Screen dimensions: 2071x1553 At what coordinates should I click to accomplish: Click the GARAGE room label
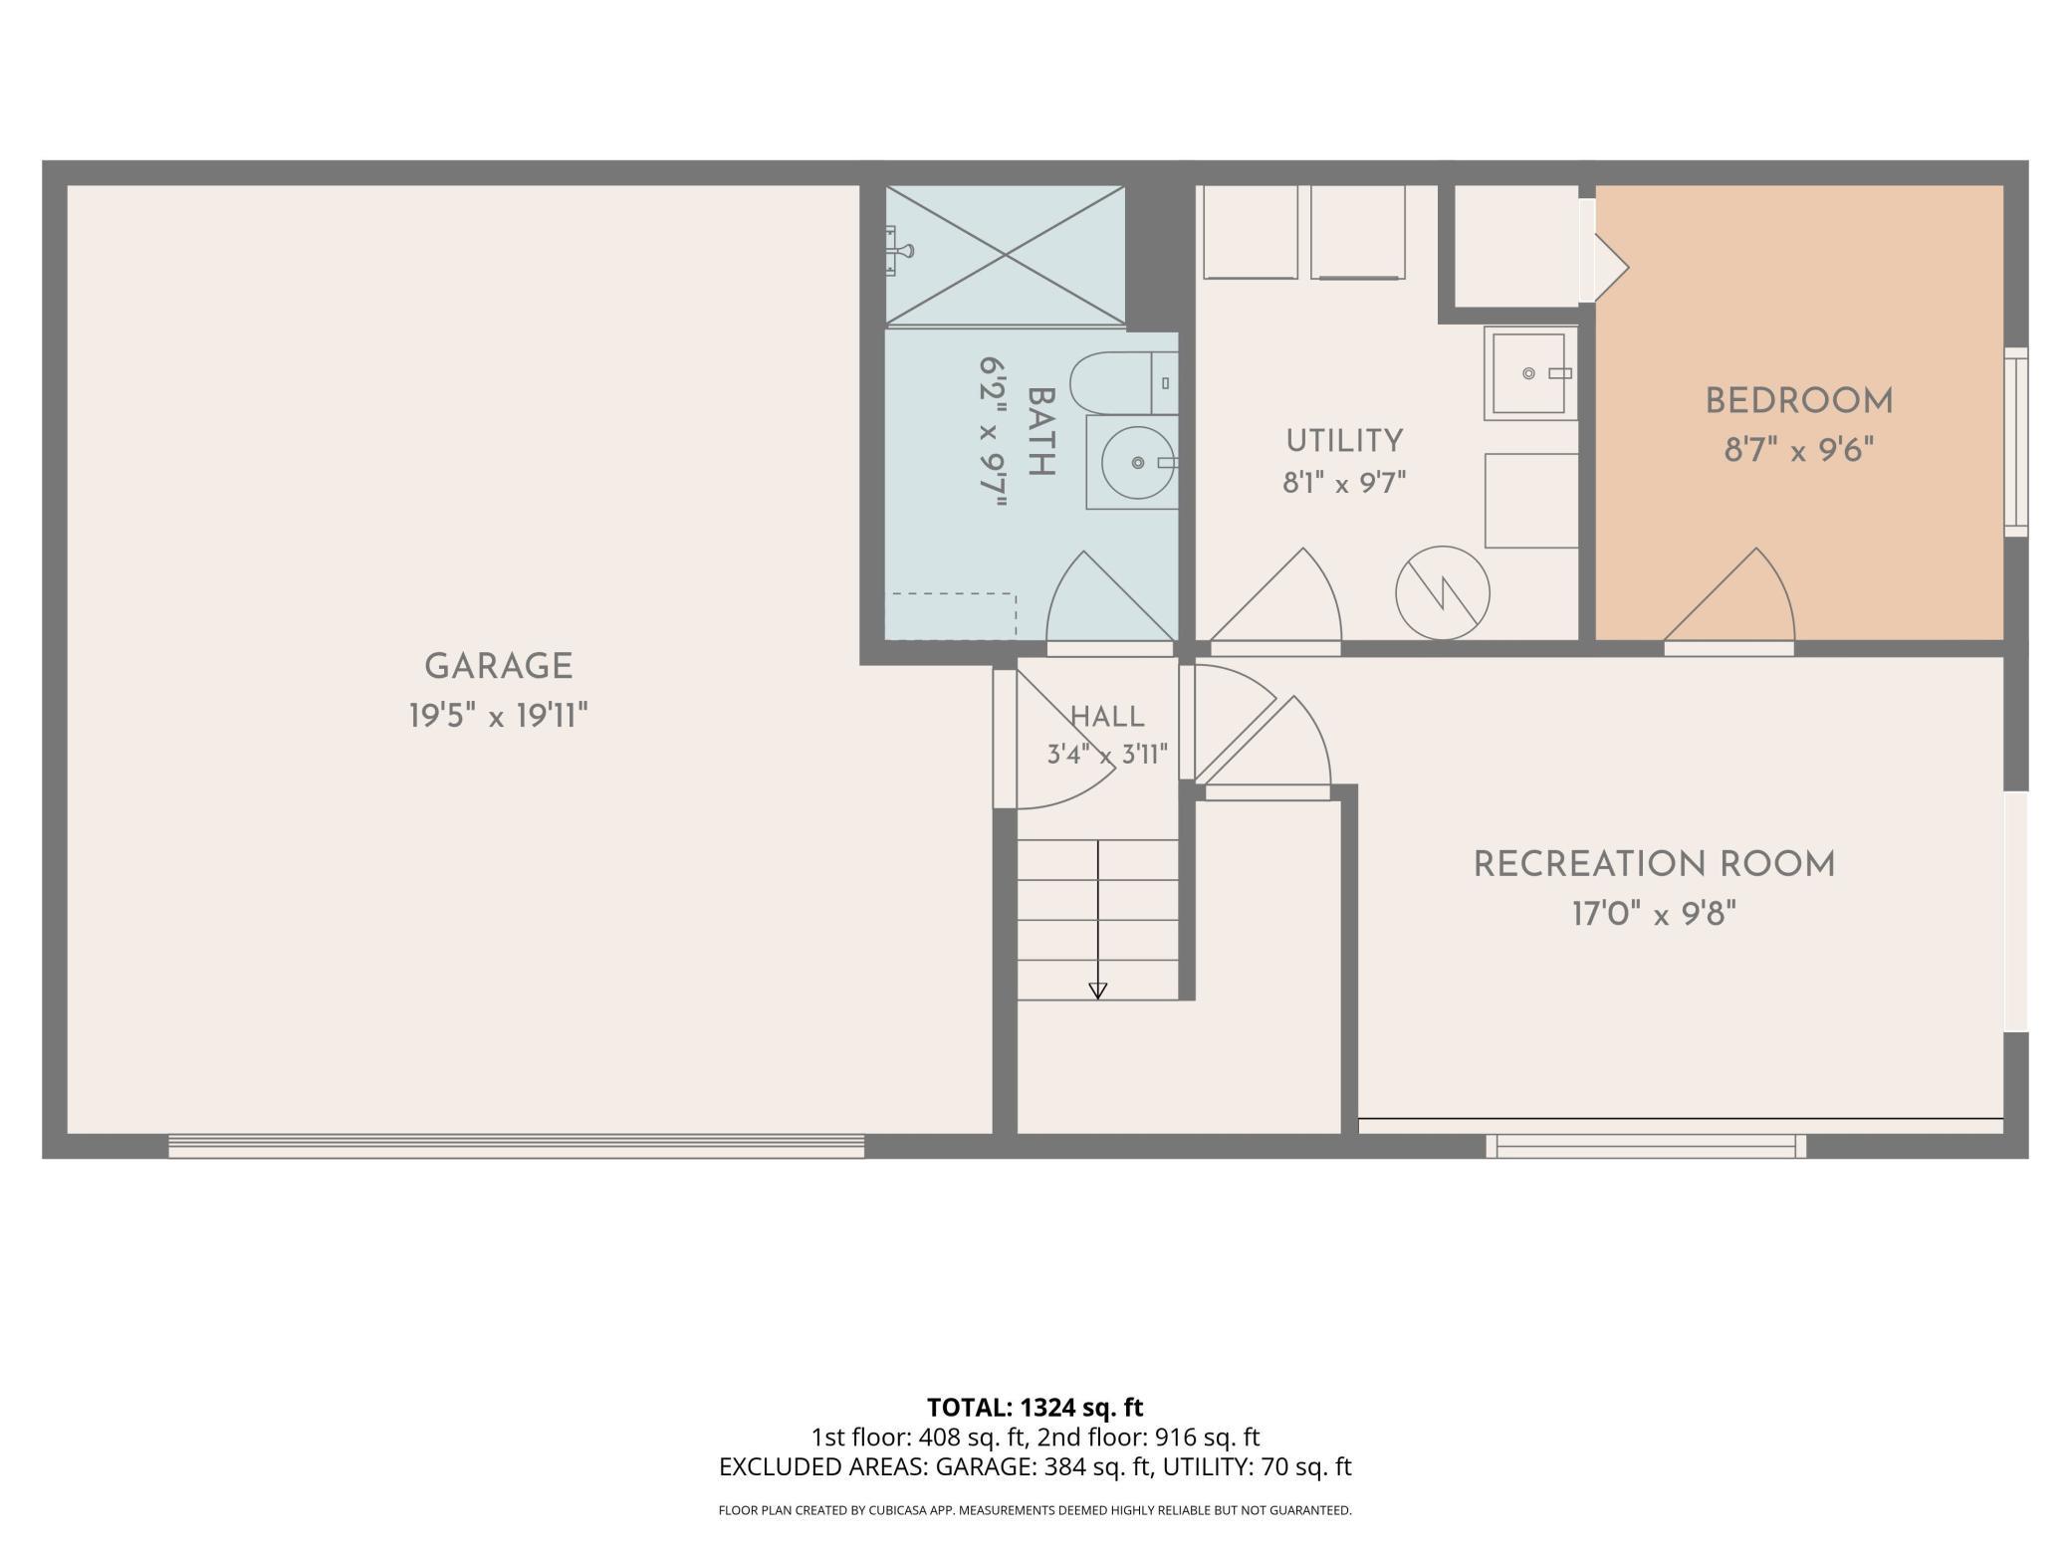tap(498, 666)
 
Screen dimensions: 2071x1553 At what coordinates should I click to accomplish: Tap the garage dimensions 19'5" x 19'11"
tap(498, 715)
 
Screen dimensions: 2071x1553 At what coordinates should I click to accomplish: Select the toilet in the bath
tap(1124, 382)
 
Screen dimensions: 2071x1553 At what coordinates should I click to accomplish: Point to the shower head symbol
tap(900, 249)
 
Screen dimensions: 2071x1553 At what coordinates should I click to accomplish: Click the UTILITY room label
tap(1344, 441)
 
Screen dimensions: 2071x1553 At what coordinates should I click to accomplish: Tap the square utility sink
tap(1530, 372)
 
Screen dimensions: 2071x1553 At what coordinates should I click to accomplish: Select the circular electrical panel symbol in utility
tap(1443, 593)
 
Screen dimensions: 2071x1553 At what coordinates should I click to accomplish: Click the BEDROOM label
tap(1799, 401)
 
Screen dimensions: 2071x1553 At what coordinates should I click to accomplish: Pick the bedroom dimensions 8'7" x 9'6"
tap(1799, 450)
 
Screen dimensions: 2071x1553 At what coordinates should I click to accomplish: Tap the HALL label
tap(1107, 717)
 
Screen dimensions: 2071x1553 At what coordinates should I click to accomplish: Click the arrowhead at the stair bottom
tap(1098, 991)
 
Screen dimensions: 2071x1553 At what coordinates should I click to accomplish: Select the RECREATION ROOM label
tap(1654, 864)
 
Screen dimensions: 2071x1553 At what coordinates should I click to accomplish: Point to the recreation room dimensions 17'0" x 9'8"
tap(1654, 913)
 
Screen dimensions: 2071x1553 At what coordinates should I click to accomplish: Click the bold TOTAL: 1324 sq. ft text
tap(1035, 1408)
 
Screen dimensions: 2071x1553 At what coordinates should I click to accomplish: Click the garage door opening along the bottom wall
tap(516, 1146)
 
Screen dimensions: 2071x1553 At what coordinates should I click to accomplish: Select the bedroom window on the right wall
tap(2016, 442)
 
